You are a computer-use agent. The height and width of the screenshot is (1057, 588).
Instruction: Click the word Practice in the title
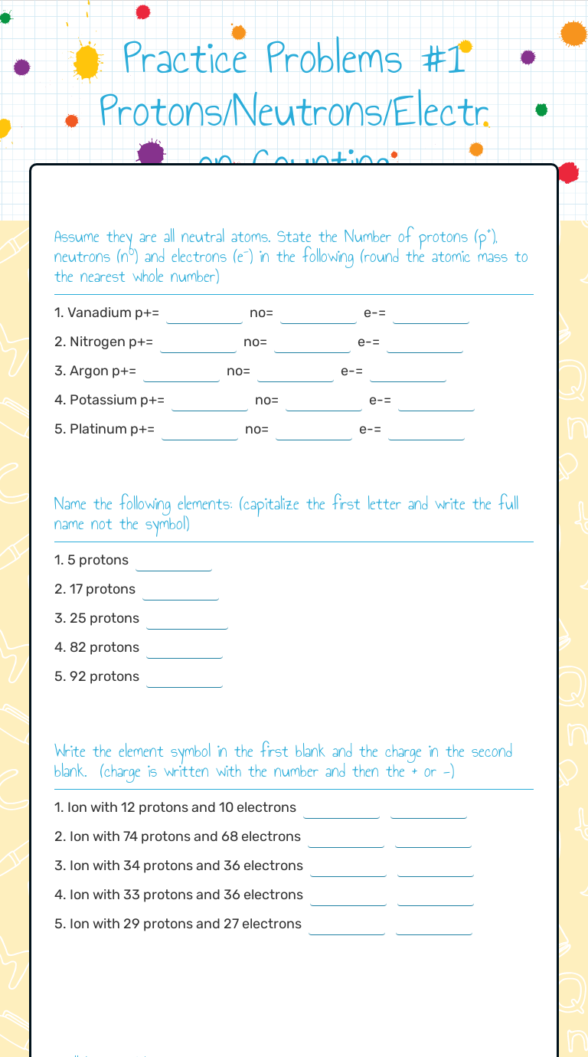186,59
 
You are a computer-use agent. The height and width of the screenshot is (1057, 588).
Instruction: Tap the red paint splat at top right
568,172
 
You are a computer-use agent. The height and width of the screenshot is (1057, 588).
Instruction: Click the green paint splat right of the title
541,110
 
